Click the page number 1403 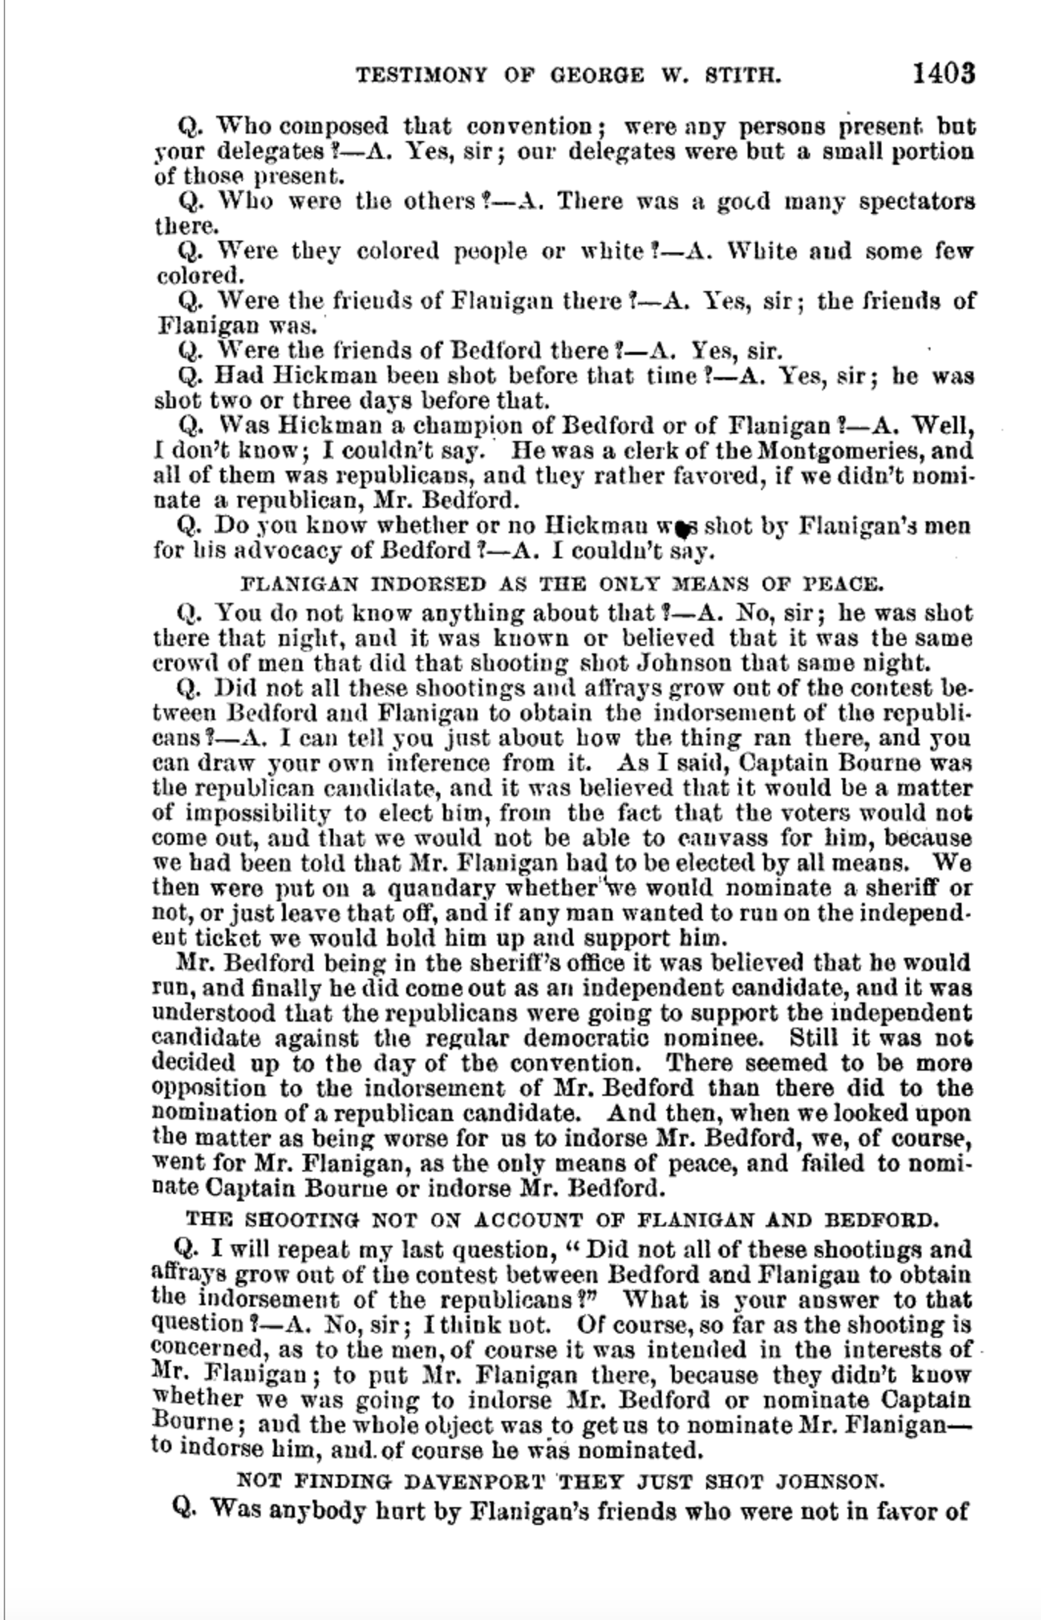point(942,74)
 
